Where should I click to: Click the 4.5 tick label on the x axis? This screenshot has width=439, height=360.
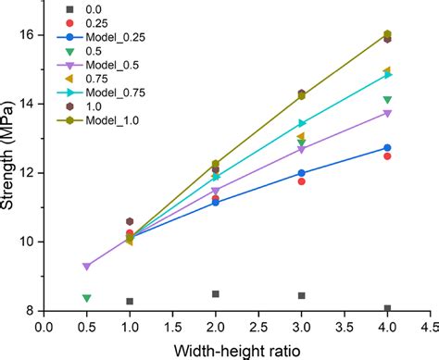[x=430, y=326]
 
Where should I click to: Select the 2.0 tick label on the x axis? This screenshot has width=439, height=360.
[x=216, y=326]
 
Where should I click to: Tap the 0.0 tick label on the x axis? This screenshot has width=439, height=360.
[x=44, y=326]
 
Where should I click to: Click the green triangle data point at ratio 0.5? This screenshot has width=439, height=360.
[x=86, y=298]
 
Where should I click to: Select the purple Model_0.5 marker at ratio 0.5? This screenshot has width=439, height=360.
[x=86, y=267]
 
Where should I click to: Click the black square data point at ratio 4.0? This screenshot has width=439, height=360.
[x=387, y=308]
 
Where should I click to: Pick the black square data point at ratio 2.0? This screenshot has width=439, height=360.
[x=216, y=293]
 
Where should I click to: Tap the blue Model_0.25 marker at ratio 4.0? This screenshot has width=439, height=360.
[x=387, y=147]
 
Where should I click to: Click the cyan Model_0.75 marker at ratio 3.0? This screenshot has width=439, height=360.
[x=301, y=123]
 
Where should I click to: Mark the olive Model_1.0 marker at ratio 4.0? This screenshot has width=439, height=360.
[x=387, y=34]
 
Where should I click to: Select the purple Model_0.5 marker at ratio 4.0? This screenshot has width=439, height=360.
[x=387, y=113]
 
